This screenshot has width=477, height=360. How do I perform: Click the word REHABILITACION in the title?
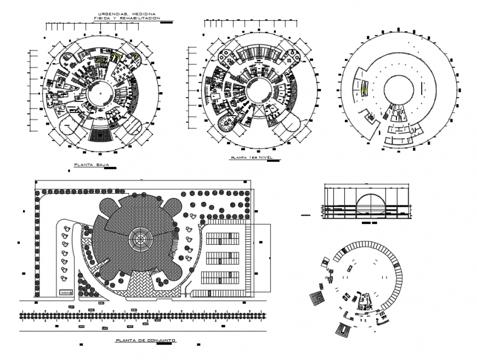point(141,18)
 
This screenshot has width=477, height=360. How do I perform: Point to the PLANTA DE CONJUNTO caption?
point(145,341)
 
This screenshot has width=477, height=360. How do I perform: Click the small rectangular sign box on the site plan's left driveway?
point(67,292)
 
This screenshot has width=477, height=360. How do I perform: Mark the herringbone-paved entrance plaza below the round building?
point(137,286)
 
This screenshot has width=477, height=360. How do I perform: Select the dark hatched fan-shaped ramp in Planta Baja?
point(102,133)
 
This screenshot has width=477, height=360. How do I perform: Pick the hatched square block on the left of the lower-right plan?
point(317,300)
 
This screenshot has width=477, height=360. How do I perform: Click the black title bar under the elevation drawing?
point(367,224)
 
